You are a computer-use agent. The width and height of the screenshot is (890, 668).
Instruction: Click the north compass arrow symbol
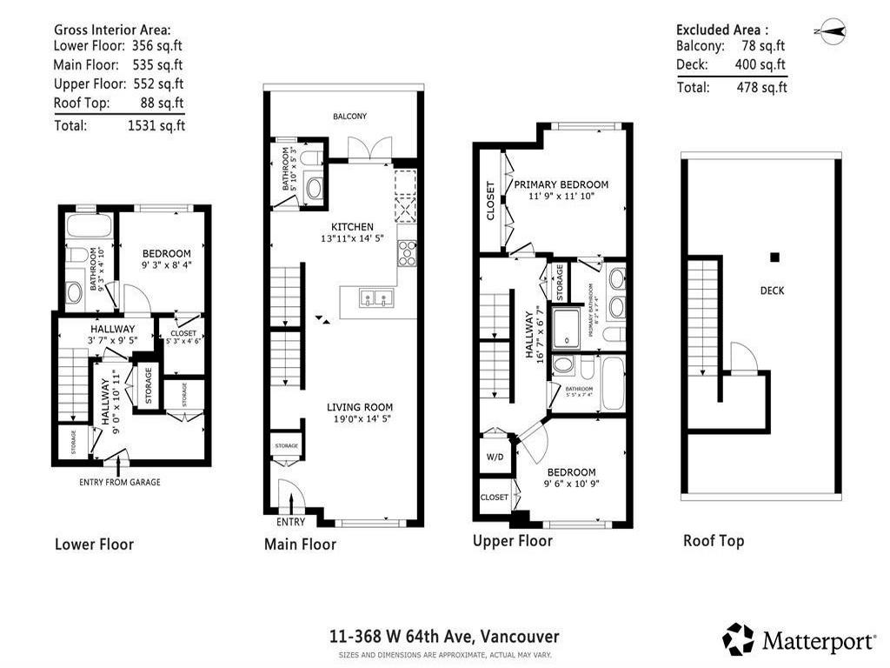(831, 32)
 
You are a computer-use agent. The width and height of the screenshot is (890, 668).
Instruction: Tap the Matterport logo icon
(738, 639)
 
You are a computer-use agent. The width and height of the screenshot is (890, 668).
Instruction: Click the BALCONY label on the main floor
(350, 116)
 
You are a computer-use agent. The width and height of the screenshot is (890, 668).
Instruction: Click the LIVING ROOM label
(360, 407)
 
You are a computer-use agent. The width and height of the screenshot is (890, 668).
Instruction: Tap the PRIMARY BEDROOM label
(561, 184)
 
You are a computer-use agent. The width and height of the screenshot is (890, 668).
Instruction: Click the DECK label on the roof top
(772, 291)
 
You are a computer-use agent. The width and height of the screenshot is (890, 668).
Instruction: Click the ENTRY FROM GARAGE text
(120, 482)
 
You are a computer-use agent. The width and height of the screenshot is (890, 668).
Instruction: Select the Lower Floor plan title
(94, 544)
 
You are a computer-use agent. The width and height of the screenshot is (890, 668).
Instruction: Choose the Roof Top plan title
(713, 541)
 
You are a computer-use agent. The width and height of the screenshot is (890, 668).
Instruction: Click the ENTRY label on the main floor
(290, 522)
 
